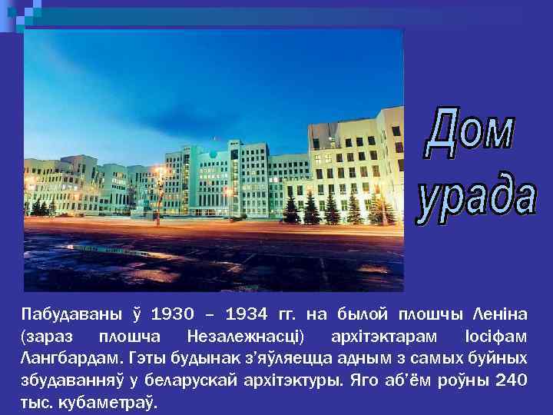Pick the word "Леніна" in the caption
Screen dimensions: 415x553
pyautogui.click(x=502, y=314)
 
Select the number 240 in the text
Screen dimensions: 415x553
pyautogui.click(x=512, y=380)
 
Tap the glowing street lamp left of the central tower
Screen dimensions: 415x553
pyautogui.click(x=159, y=171)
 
